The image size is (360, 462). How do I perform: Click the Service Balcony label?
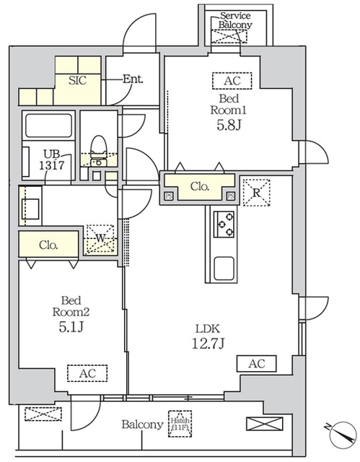(236, 19)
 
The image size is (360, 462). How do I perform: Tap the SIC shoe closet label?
(77, 80)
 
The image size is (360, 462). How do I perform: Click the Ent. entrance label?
(132, 79)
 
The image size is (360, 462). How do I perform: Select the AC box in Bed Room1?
(232, 81)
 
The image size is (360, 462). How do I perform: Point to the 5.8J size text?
(230, 124)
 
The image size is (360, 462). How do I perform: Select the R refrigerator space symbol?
(255, 191)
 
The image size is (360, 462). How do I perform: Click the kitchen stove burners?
(224, 224)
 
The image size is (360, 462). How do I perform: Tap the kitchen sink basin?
(224, 269)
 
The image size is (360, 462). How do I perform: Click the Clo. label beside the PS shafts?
(199, 186)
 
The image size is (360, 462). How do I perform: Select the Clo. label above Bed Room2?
(49, 244)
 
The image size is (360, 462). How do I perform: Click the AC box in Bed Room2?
(87, 373)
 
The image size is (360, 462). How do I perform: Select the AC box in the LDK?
(256, 364)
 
